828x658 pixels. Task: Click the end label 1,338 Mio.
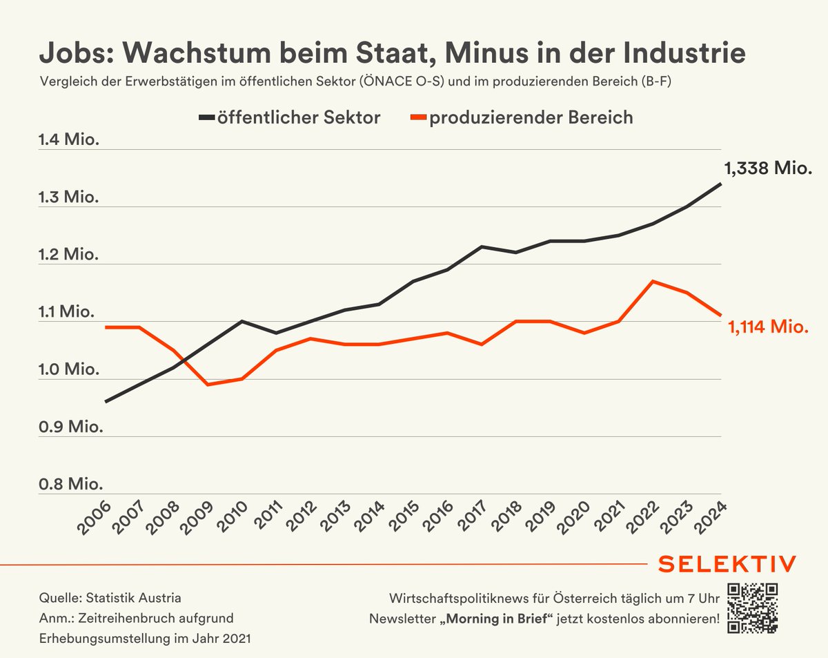point(767,168)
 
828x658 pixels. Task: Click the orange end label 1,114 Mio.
point(767,327)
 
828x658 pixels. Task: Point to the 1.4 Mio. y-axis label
point(69,140)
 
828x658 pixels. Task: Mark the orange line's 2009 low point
point(208,385)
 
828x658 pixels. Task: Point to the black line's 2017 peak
point(482,246)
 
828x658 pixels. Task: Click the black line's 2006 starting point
point(105,402)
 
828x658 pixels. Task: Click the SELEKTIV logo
point(727,563)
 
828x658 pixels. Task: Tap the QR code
point(753,608)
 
